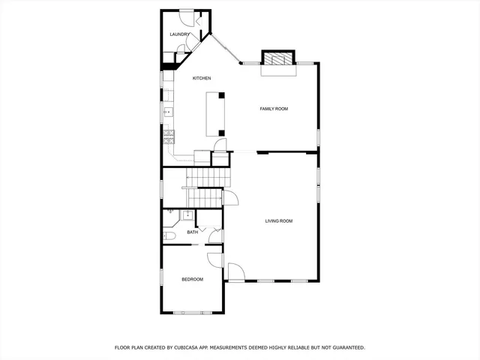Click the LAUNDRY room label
pyautogui.click(x=179, y=34)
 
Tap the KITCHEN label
pyautogui.click(x=202, y=79)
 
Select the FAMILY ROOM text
pyautogui.click(x=274, y=109)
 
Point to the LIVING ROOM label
pyautogui.click(x=278, y=221)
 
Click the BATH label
pyautogui.click(x=193, y=232)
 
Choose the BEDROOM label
pyautogui.click(x=192, y=280)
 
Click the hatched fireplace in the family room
pyautogui.click(x=277, y=60)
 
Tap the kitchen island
pyautogui.click(x=216, y=114)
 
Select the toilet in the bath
pyautogui.click(x=169, y=236)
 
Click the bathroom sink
pyautogui.click(x=187, y=215)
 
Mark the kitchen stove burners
pyautogui.click(x=169, y=136)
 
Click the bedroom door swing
pyautogui.click(x=216, y=259)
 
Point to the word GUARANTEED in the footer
pyautogui.click(x=346, y=348)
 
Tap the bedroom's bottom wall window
pyautogui.click(x=188, y=312)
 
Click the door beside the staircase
pyautogui.click(x=230, y=199)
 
